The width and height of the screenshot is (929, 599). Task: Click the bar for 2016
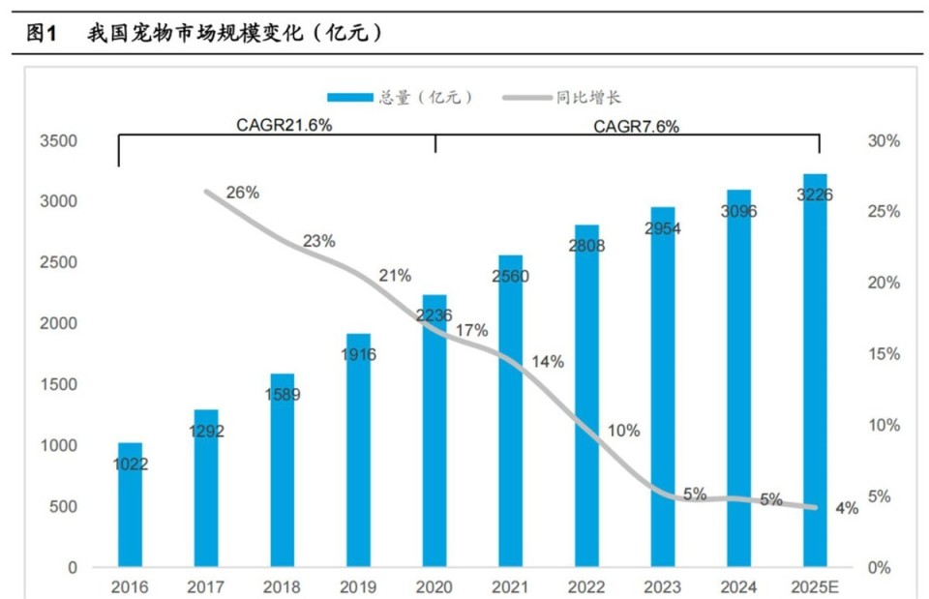(130, 504)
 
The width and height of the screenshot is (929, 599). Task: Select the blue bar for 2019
(359, 450)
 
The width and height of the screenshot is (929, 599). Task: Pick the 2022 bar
(587, 396)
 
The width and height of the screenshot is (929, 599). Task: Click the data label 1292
(206, 432)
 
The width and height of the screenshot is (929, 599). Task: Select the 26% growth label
(243, 193)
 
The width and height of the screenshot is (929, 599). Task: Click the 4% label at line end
(848, 509)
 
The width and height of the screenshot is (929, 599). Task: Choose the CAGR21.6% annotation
(278, 126)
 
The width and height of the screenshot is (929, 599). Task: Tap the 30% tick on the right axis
(883, 141)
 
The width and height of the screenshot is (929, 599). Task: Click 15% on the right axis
(883, 355)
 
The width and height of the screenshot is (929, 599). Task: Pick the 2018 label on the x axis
(283, 586)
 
